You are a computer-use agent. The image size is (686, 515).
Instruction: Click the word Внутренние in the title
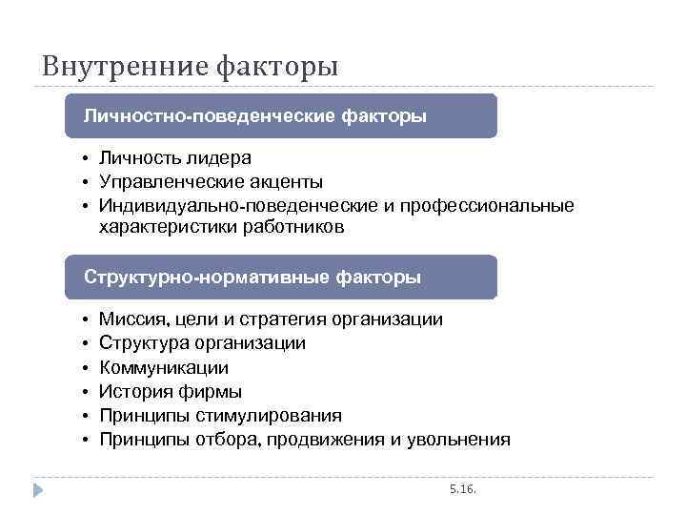point(124,68)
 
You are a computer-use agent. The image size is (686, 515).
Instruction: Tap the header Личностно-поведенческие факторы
point(254,116)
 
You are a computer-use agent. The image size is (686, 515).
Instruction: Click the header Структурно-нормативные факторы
point(252,278)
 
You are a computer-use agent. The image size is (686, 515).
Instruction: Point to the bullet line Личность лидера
point(168,158)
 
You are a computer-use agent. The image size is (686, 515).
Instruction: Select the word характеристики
point(157,228)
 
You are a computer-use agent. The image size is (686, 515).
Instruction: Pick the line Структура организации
point(202,343)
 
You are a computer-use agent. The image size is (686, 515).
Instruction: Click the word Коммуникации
point(164,367)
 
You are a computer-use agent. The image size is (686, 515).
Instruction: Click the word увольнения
point(458,440)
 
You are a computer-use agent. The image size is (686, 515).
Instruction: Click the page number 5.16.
point(462,488)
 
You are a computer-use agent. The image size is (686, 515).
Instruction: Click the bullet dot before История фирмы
point(85,392)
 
